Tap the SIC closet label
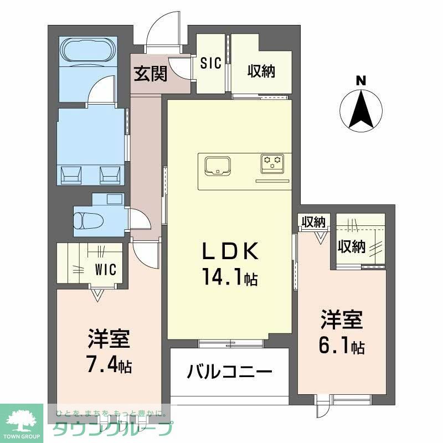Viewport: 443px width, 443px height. point(211,63)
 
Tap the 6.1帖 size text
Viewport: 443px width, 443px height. point(341,347)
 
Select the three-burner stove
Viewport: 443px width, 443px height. point(272,162)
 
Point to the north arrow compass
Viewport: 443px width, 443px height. point(361,111)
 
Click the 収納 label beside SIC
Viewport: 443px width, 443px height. point(261,71)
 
